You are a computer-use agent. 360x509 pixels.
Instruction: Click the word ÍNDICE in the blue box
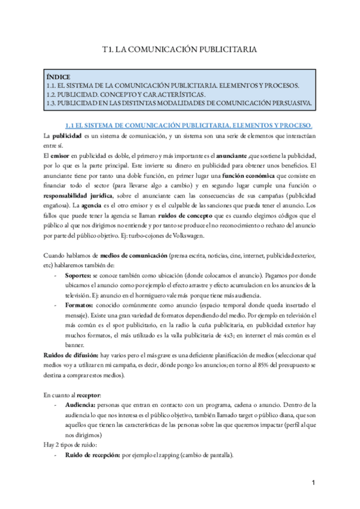[58, 77]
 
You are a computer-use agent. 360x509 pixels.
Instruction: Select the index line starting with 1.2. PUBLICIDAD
[125, 94]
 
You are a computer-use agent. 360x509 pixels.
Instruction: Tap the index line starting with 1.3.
[179, 103]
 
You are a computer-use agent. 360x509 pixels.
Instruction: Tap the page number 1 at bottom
[314, 483]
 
